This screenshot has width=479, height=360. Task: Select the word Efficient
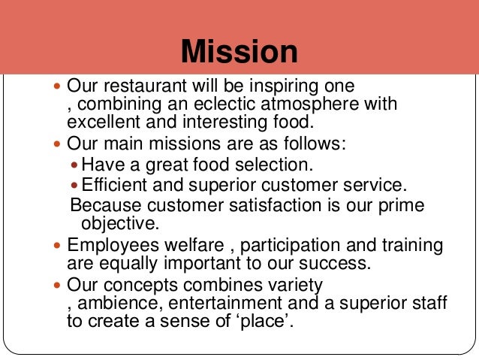113,185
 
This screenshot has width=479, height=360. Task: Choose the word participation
294,246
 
